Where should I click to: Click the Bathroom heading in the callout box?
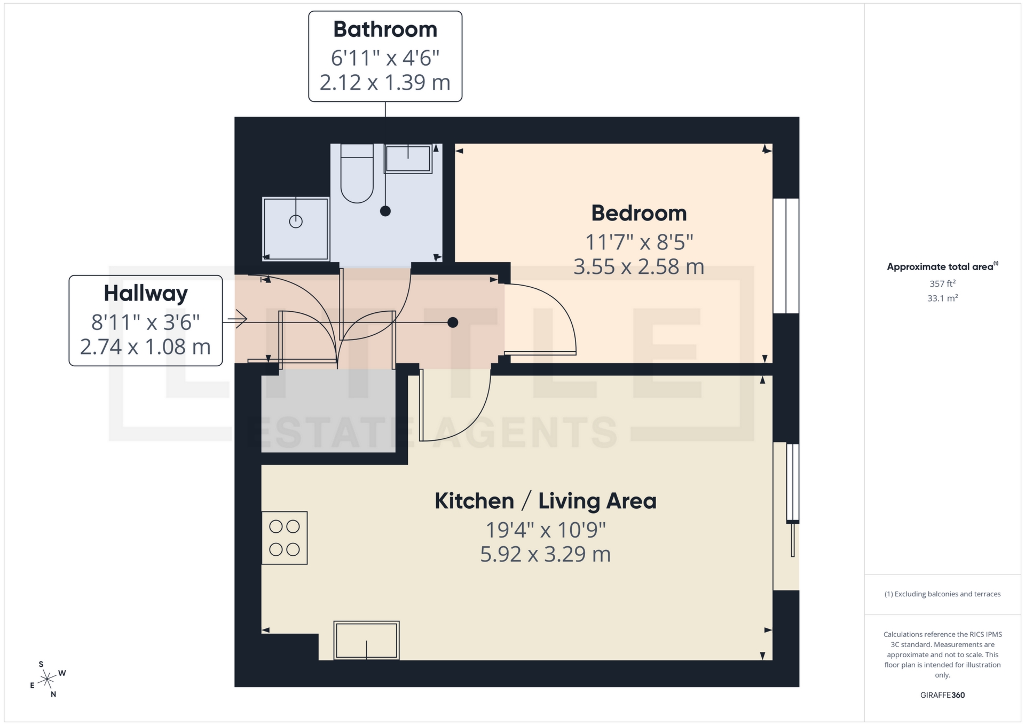pos(385,30)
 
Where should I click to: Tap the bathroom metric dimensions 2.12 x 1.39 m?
pos(385,83)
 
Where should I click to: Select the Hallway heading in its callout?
pos(146,294)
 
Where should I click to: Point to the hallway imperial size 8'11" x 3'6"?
pos(146,322)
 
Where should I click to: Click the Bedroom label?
pos(638,214)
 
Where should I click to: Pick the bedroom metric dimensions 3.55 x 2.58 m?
pos(638,266)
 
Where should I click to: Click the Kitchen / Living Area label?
pos(545,501)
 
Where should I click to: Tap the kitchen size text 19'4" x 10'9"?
pos(545,530)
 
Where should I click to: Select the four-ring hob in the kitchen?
pos(285,538)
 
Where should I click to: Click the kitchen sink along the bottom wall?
pos(366,640)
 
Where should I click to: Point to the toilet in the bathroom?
pos(357,176)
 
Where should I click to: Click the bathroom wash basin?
pos(408,159)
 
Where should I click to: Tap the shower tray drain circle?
pos(296,221)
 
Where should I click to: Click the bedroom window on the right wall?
pos(786,256)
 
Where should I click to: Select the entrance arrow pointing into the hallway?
pos(237,320)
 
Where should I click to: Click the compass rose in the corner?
pos(48,680)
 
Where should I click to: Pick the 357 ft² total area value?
pos(942,283)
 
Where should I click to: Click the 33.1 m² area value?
pos(942,298)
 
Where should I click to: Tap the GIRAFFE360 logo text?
pos(942,695)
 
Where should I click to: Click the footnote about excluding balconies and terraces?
pos(942,594)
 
